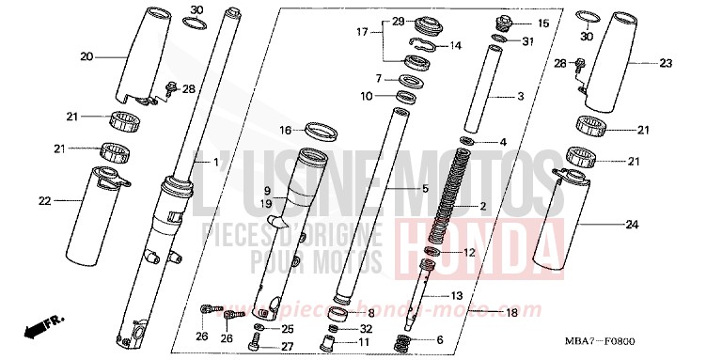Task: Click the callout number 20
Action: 86,56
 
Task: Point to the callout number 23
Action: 639,63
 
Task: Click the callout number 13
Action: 457,295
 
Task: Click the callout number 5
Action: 424,189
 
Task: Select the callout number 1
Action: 217,163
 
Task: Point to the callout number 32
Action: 367,328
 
